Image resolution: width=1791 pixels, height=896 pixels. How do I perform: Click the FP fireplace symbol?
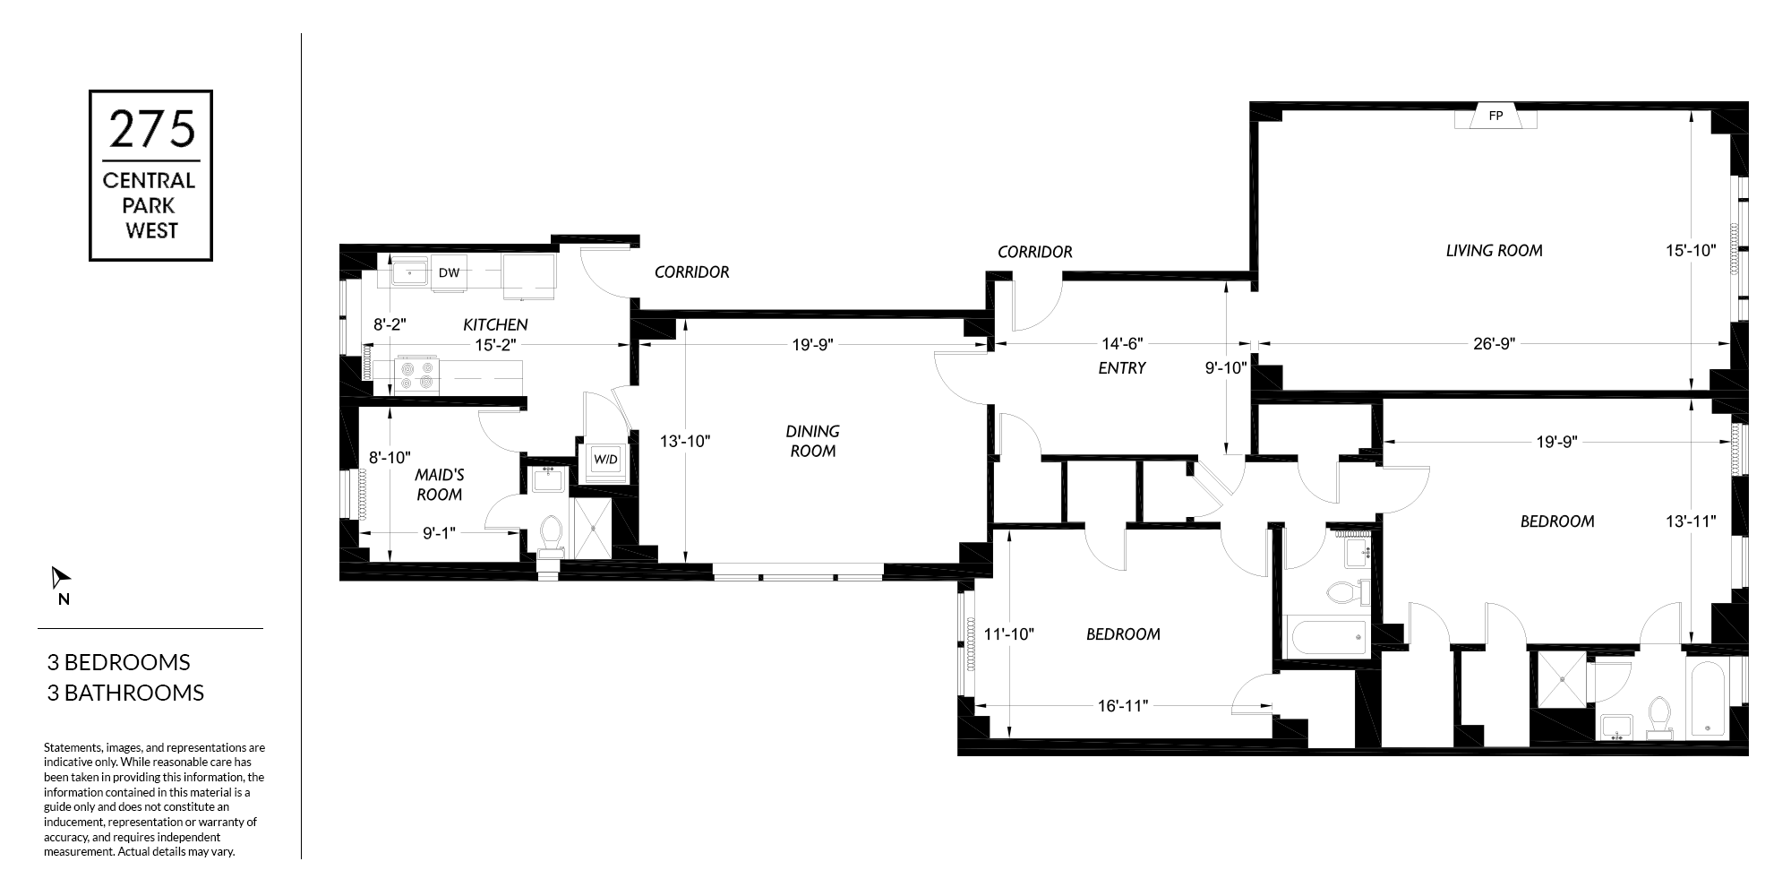[x=1495, y=117]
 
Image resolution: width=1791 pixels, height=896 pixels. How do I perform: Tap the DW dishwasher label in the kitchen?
[x=449, y=273]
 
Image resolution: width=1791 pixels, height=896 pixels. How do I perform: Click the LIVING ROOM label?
[x=1494, y=251]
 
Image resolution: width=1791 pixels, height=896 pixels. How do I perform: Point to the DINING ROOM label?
[x=813, y=441]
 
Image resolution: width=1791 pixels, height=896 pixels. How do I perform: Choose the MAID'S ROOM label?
[x=439, y=485]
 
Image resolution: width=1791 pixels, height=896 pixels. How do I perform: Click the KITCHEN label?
[x=495, y=324]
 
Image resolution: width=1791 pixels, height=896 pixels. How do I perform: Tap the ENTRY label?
[x=1121, y=367]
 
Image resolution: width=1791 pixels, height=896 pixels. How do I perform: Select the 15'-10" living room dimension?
[x=1690, y=251]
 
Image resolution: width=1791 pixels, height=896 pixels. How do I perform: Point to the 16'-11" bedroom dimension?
[x=1123, y=706]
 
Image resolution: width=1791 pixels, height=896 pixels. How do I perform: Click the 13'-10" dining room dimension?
[x=685, y=441]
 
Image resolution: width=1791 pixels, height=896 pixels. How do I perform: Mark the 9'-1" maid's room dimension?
[x=440, y=533]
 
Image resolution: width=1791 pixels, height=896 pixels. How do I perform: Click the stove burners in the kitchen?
[x=417, y=375]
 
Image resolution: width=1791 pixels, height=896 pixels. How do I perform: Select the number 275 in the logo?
[x=151, y=129]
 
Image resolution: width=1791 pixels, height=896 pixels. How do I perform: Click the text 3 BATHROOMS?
[x=125, y=693]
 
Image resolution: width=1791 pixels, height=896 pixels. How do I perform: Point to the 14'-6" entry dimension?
[x=1121, y=343]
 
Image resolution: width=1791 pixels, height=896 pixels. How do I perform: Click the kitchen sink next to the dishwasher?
[x=409, y=271]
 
